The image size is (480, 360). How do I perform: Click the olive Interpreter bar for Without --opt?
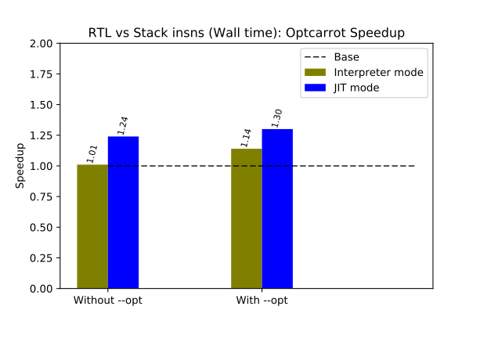[92, 226]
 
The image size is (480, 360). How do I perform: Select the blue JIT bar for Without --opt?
[123, 212]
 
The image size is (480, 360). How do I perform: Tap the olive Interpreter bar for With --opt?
[247, 218]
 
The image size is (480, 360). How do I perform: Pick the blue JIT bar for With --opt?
[277, 208]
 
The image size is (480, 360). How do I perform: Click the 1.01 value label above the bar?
[92, 152]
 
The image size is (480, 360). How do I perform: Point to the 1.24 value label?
[123, 125]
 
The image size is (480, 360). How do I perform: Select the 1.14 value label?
[246, 138]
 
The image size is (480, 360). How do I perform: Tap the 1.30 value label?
[277, 118]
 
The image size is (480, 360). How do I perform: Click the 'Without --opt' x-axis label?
[107, 301]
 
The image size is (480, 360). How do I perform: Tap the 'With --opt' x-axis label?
[262, 301]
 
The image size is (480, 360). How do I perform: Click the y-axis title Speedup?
[21, 166]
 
